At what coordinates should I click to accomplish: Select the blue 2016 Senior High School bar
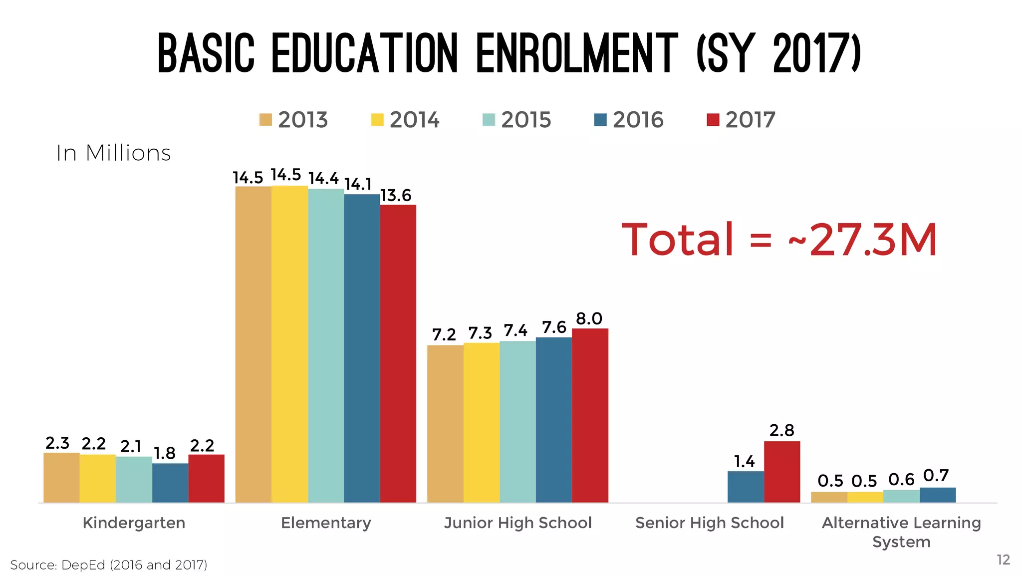point(746,487)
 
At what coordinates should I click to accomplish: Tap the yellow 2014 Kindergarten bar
point(98,478)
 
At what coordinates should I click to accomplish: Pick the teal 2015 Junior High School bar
point(517,422)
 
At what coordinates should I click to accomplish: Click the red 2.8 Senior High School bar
point(781,472)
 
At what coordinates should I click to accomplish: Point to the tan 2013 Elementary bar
point(253,344)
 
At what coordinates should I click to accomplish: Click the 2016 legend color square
point(600,120)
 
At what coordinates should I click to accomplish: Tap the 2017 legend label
point(750,120)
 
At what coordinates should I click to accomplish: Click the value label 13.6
point(396,195)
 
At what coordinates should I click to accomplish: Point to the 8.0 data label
point(589,318)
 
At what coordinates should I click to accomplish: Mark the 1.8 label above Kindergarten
point(164,453)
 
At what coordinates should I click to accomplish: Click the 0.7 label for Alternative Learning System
point(936,475)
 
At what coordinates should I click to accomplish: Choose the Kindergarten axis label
point(134,523)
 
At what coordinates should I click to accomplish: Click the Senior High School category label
point(709,523)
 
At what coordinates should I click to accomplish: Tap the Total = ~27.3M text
point(779,240)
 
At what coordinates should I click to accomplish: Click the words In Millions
point(113,153)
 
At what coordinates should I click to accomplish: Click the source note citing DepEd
point(108,565)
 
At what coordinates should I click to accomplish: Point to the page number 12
point(1003,560)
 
